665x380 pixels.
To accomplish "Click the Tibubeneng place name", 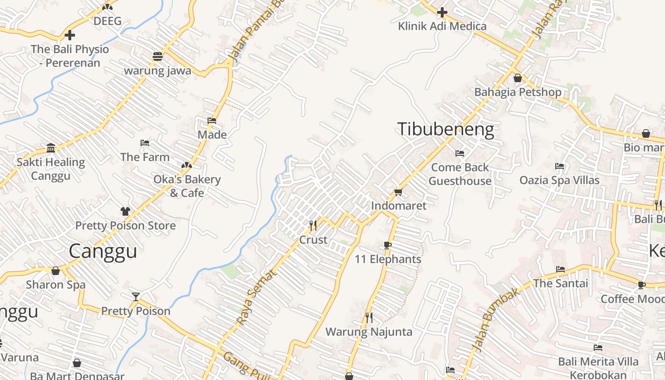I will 445,129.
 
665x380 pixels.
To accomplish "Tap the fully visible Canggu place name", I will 103,251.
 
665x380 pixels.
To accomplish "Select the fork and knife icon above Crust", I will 313,225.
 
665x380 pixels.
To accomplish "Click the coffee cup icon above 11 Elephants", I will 388,246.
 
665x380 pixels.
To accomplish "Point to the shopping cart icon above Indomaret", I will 398,192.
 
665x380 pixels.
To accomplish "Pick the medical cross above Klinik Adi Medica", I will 442,12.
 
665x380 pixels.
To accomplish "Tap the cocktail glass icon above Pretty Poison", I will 136,297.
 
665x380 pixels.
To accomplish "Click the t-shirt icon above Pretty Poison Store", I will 125,211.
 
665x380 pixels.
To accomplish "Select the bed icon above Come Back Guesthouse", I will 459,153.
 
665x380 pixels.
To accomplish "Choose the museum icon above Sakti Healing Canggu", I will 51,148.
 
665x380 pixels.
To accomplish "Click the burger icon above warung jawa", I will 158,57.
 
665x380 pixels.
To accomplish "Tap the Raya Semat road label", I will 256,298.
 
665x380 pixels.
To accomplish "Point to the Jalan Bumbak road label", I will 494,323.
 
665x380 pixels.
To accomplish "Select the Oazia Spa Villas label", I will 559,180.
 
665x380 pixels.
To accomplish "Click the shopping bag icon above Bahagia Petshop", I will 518,78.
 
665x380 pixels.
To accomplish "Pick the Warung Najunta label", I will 369,332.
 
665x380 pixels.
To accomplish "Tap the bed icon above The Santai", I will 560,269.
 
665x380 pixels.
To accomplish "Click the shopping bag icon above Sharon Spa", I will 56,271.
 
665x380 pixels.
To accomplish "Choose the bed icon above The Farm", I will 145,143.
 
